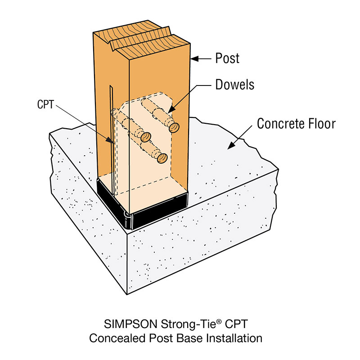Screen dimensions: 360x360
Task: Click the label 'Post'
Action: coord(228,58)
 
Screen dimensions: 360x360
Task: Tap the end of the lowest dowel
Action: coord(162,157)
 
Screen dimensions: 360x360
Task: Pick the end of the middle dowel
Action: coord(145,137)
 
